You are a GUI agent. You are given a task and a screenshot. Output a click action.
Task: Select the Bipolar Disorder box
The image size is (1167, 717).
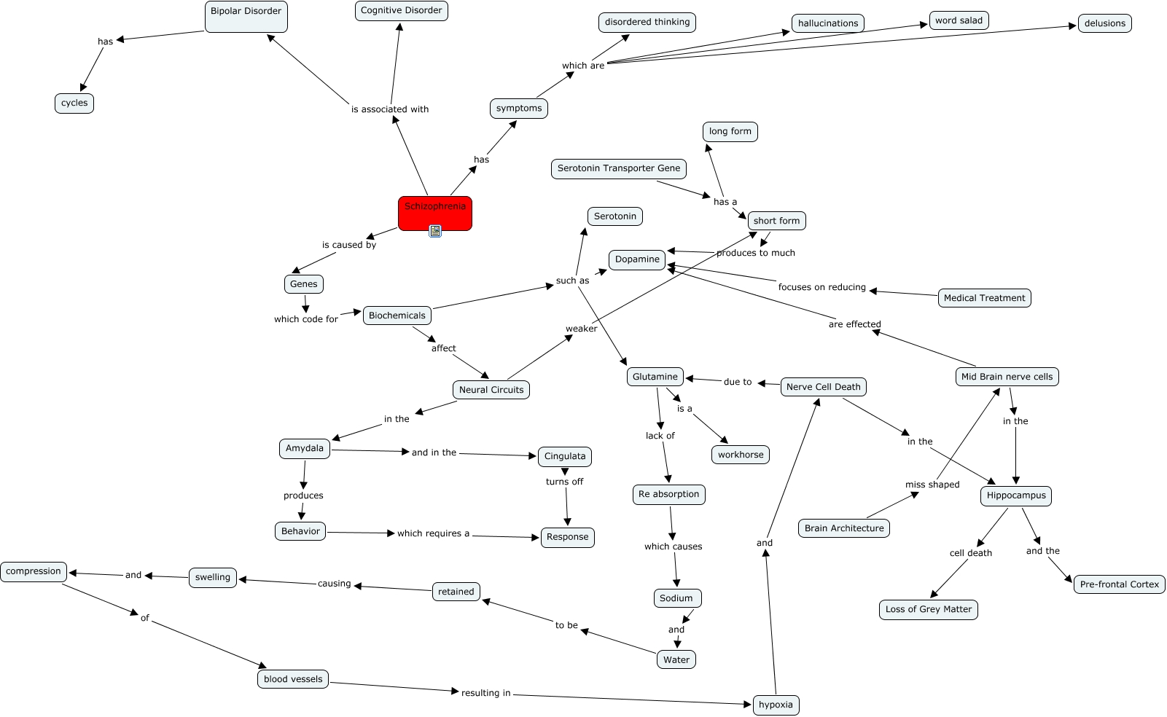pyautogui.click(x=246, y=16)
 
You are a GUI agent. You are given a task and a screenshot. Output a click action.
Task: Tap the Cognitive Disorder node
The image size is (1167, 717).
pyautogui.click(x=401, y=11)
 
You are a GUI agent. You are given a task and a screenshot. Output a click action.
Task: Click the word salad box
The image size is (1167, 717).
pyautogui.click(x=959, y=20)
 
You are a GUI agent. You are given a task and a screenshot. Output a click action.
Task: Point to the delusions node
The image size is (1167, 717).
pyautogui.click(x=1104, y=23)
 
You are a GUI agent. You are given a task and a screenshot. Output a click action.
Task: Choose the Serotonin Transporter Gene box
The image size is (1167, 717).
pyautogui.click(x=618, y=168)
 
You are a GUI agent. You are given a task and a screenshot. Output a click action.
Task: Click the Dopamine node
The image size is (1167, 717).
pyautogui.click(x=637, y=259)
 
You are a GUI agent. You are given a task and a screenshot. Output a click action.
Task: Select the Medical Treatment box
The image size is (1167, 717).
pyautogui.click(x=984, y=298)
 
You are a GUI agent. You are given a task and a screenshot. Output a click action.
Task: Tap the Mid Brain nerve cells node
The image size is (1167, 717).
pyautogui.click(x=1007, y=377)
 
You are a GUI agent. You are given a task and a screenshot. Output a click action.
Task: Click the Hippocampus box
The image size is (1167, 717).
pyautogui.click(x=1016, y=495)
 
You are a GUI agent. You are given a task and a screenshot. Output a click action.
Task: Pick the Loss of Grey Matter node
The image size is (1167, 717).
pyautogui.click(x=929, y=609)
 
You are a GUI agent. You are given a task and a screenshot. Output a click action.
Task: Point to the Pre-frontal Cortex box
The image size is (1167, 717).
pyautogui.click(x=1119, y=584)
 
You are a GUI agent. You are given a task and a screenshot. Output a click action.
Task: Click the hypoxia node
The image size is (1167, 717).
pyautogui.click(x=776, y=705)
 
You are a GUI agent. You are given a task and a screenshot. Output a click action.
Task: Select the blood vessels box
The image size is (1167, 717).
pyautogui.click(x=293, y=679)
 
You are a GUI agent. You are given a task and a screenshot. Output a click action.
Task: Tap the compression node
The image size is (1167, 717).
pyautogui.click(x=34, y=571)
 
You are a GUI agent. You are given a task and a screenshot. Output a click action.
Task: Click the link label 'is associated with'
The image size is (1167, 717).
pyautogui.click(x=390, y=109)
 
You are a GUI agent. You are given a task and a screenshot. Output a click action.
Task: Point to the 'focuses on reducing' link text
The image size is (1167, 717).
pyautogui.click(x=821, y=287)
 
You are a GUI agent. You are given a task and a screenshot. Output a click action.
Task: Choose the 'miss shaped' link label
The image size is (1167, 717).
pyautogui.click(x=932, y=485)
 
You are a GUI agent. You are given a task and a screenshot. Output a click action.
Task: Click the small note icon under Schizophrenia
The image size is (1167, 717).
pyautogui.click(x=435, y=231)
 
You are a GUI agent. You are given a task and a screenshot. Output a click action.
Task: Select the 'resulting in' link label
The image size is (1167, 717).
pyautogui.click(x=485, y=693)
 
